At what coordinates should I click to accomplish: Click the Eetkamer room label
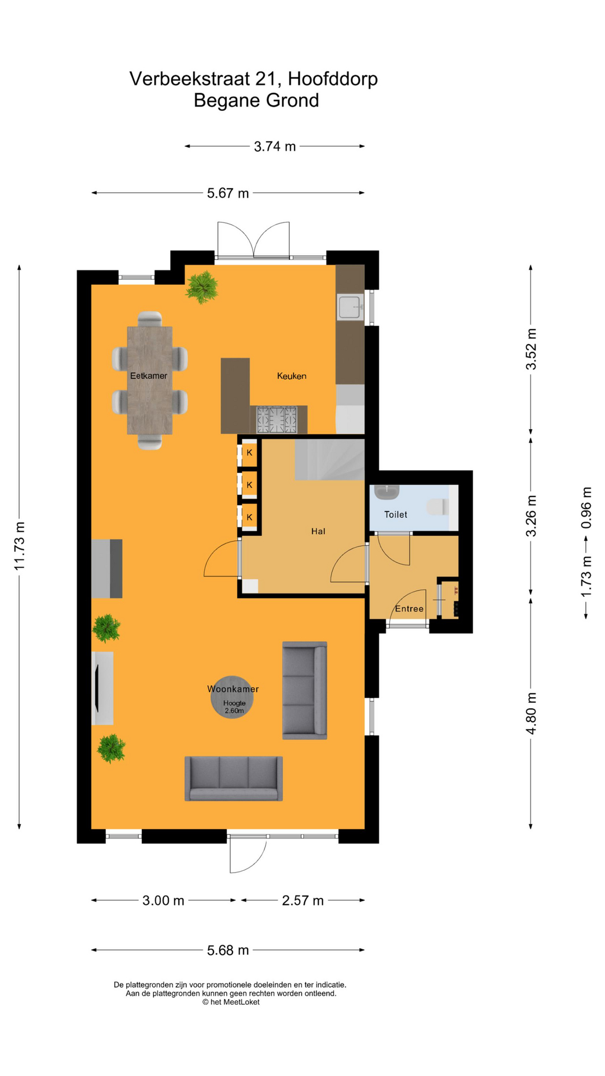(148, 375)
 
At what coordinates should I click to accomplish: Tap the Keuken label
(292, 376)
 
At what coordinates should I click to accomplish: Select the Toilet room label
(395, 514)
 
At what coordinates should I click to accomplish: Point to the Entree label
(409, 609)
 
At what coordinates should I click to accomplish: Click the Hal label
(318, 531)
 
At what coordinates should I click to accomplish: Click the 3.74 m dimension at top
(274, 147)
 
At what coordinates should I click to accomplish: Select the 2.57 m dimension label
(302, 901)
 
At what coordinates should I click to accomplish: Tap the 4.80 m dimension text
(531, 713)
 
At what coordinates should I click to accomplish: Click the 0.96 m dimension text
(586, 508)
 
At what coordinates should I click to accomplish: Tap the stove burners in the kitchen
(276, 420)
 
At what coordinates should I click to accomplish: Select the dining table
(150, 381)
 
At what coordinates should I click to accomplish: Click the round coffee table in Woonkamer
(232, 697)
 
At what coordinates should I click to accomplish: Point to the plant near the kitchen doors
(202, 287)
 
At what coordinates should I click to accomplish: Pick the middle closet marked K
(249, 485)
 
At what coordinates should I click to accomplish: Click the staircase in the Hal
(330, 460)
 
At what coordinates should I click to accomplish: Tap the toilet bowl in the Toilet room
(438, 508)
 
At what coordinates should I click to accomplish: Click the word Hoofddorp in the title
(333, 79)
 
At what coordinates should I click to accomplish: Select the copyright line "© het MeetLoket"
(231, 1002)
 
